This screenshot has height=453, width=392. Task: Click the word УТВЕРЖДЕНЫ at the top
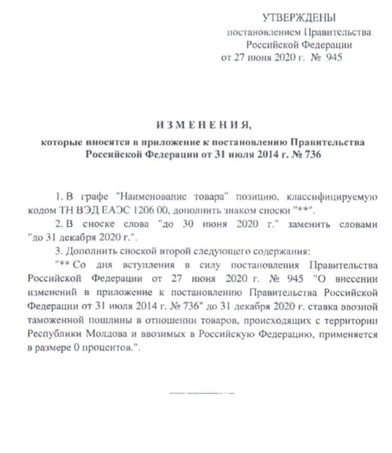click(300, 18)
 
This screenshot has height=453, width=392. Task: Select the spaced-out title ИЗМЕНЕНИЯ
click(203, 126)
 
